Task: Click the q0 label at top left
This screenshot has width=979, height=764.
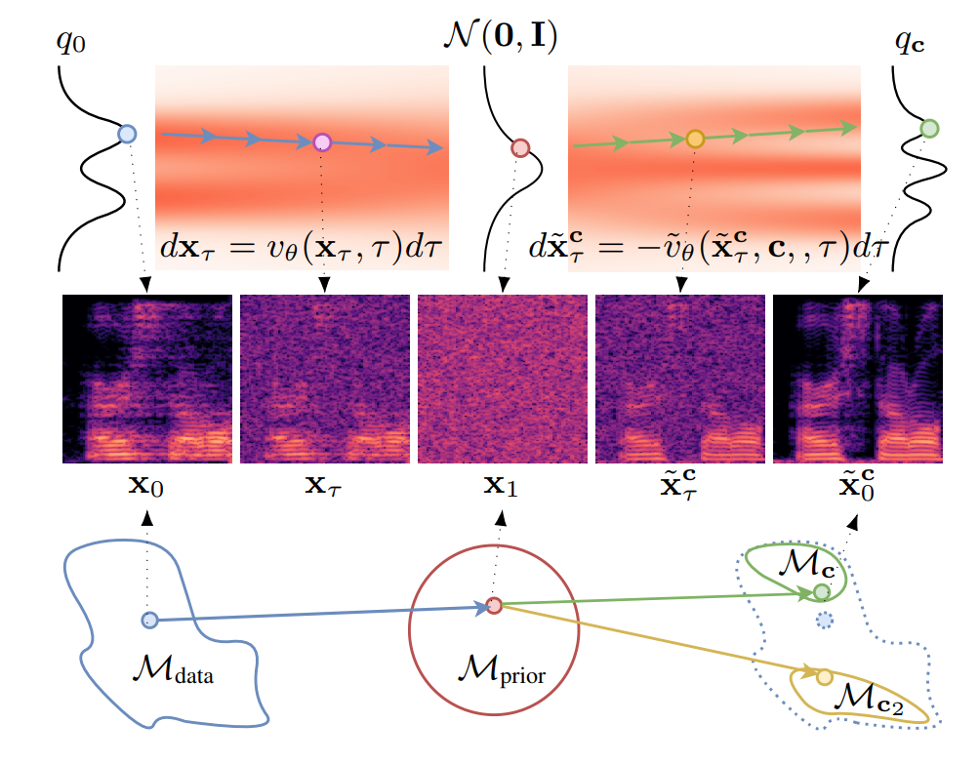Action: click(72, 45)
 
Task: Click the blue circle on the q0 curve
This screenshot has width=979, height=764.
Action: click(126, 134)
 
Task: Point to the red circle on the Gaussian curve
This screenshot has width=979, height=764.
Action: click(520, 148)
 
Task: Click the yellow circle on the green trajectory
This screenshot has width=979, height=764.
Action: click(694, 139)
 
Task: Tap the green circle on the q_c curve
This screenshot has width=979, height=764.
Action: click(929, 128)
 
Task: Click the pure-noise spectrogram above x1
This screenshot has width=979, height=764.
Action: click(503, 379)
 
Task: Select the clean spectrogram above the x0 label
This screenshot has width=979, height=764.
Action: click(146, 379)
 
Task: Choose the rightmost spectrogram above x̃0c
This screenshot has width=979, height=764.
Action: click(857, 379)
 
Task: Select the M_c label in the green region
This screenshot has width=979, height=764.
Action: click(807, 563)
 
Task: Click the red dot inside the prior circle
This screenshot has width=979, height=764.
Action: click(494, 606)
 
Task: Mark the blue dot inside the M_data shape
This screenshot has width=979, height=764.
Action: click(149, 619)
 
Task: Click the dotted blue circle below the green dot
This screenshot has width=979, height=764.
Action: click(825, 620)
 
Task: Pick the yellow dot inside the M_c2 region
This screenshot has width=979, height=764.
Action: click(824, 676)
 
